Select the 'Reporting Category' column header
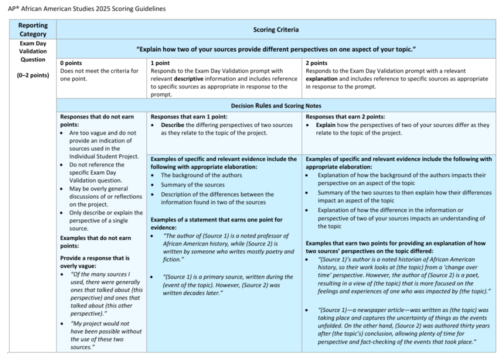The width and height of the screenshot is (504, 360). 33,29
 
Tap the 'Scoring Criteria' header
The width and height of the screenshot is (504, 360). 276,29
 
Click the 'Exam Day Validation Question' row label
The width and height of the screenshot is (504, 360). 33,51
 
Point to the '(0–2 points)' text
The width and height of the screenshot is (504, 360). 33,76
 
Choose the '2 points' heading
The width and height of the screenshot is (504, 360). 316,63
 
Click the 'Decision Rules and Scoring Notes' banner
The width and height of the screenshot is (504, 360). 276,106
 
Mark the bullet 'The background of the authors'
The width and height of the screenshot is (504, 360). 201,175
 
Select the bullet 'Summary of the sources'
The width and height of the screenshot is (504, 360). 192,185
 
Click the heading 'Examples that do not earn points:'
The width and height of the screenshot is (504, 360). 95,242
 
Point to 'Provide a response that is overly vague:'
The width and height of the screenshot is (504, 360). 94,262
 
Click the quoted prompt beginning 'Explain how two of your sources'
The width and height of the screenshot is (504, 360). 276,49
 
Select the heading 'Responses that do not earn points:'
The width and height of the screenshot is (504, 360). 97,120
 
